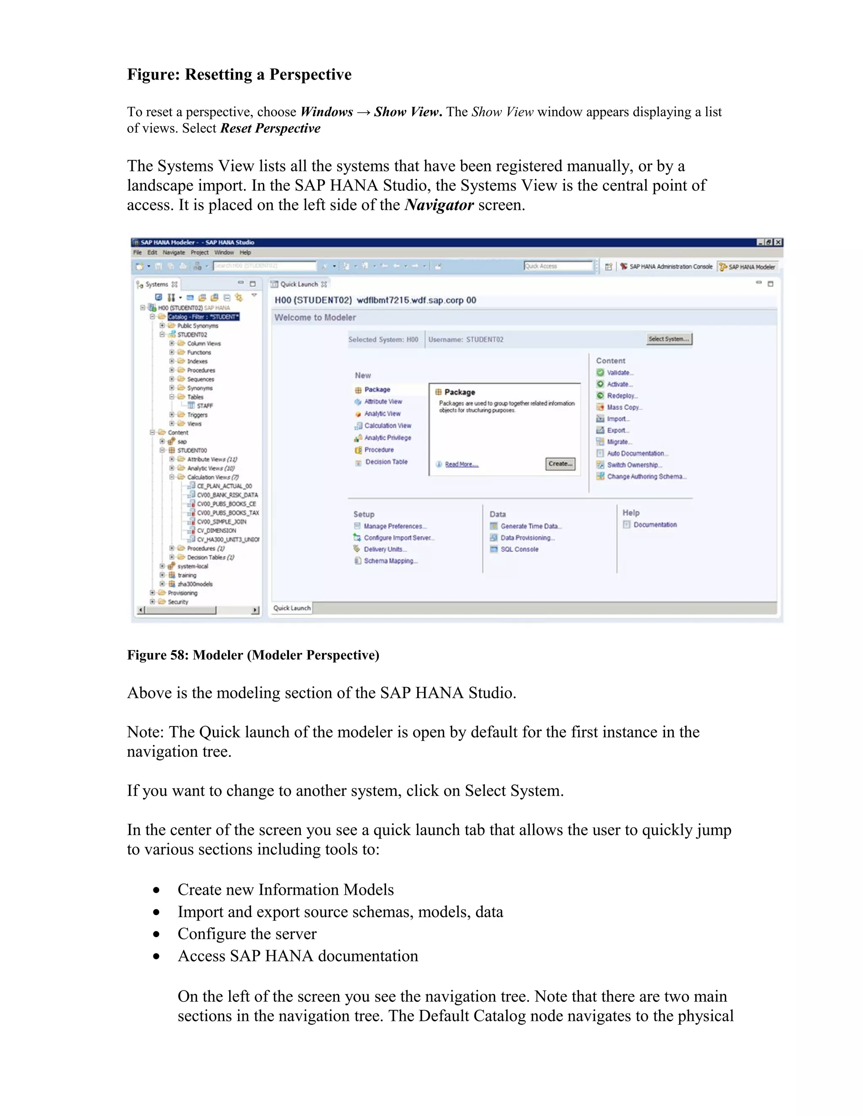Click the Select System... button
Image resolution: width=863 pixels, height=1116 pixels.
coord(669,339)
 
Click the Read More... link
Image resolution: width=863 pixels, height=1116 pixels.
coord(461,464)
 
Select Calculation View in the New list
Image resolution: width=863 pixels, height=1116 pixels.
coord(388,426)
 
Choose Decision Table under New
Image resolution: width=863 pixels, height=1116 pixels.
coord(386,462)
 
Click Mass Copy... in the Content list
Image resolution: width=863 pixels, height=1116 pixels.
coord(624,407)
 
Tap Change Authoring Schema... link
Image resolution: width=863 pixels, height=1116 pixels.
coord(646,476)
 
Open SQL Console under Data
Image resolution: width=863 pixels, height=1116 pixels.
coord(519,549)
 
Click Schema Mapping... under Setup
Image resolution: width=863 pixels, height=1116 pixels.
coord(391,561)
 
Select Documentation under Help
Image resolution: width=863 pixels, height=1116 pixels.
coord(654,525)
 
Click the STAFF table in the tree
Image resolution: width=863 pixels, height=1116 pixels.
coord(204,406)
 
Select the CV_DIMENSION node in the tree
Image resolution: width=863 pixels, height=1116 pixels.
coord(216,530)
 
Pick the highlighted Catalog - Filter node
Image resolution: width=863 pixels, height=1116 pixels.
coord(203,317)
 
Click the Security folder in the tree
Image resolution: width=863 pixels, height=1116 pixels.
coord(178,602)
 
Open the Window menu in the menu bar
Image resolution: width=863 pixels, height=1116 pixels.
coord(224,252)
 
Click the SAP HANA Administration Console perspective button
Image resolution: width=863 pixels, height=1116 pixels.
coord(670,266)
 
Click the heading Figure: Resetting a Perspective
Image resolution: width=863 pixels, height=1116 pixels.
coord(239,75)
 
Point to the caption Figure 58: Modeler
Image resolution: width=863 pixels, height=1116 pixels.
coord(253,655)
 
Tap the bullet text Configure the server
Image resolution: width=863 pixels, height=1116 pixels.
coord(247,934)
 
